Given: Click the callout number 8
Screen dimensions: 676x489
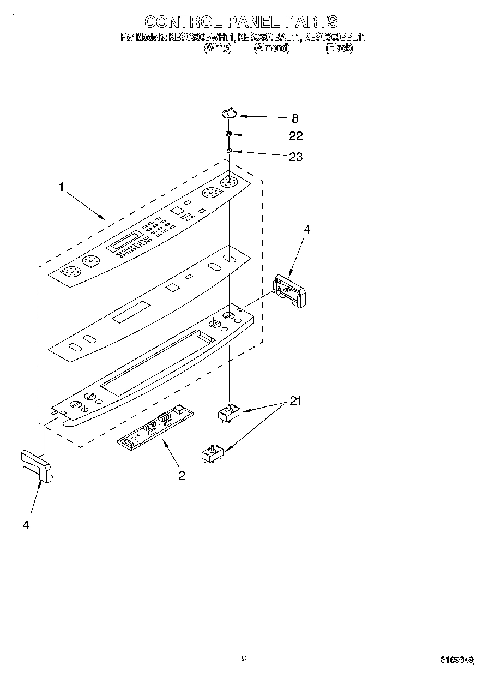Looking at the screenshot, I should coord(295,118).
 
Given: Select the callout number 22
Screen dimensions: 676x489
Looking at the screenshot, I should coord(295,136).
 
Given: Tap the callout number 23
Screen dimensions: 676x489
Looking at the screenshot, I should coord(295,157).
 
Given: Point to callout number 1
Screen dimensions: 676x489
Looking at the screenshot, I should coord(62,187).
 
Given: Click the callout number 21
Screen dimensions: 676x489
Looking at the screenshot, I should coord(295,402).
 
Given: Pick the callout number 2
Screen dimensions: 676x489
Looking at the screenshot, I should coord(182,476).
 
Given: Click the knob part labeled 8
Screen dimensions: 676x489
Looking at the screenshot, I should coord(229,113).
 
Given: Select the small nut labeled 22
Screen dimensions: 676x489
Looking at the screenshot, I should coord(230,134).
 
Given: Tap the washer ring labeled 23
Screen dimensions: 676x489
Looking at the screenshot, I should coord(230,151).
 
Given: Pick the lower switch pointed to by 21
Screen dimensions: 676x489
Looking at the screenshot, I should coord(213,454).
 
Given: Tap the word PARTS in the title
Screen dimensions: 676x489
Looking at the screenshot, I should coord(311,22).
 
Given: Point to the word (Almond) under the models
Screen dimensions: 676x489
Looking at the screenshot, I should coord(271,48).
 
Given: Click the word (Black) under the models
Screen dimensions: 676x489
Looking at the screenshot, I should coord(339,48).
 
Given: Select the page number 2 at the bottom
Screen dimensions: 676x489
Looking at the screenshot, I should coord(244,660).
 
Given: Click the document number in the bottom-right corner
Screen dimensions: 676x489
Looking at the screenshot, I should coord(457,661).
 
